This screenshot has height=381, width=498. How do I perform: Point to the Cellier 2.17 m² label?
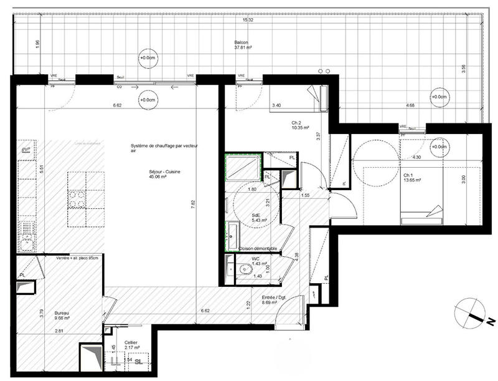point(131,344)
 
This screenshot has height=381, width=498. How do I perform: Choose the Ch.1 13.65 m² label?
point(411,178)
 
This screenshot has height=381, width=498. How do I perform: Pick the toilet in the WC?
point(245,270)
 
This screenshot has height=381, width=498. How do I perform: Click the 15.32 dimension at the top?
point(248,21)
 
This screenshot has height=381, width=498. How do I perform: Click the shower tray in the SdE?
point(242,166)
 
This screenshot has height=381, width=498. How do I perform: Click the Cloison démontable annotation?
point(258,249)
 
